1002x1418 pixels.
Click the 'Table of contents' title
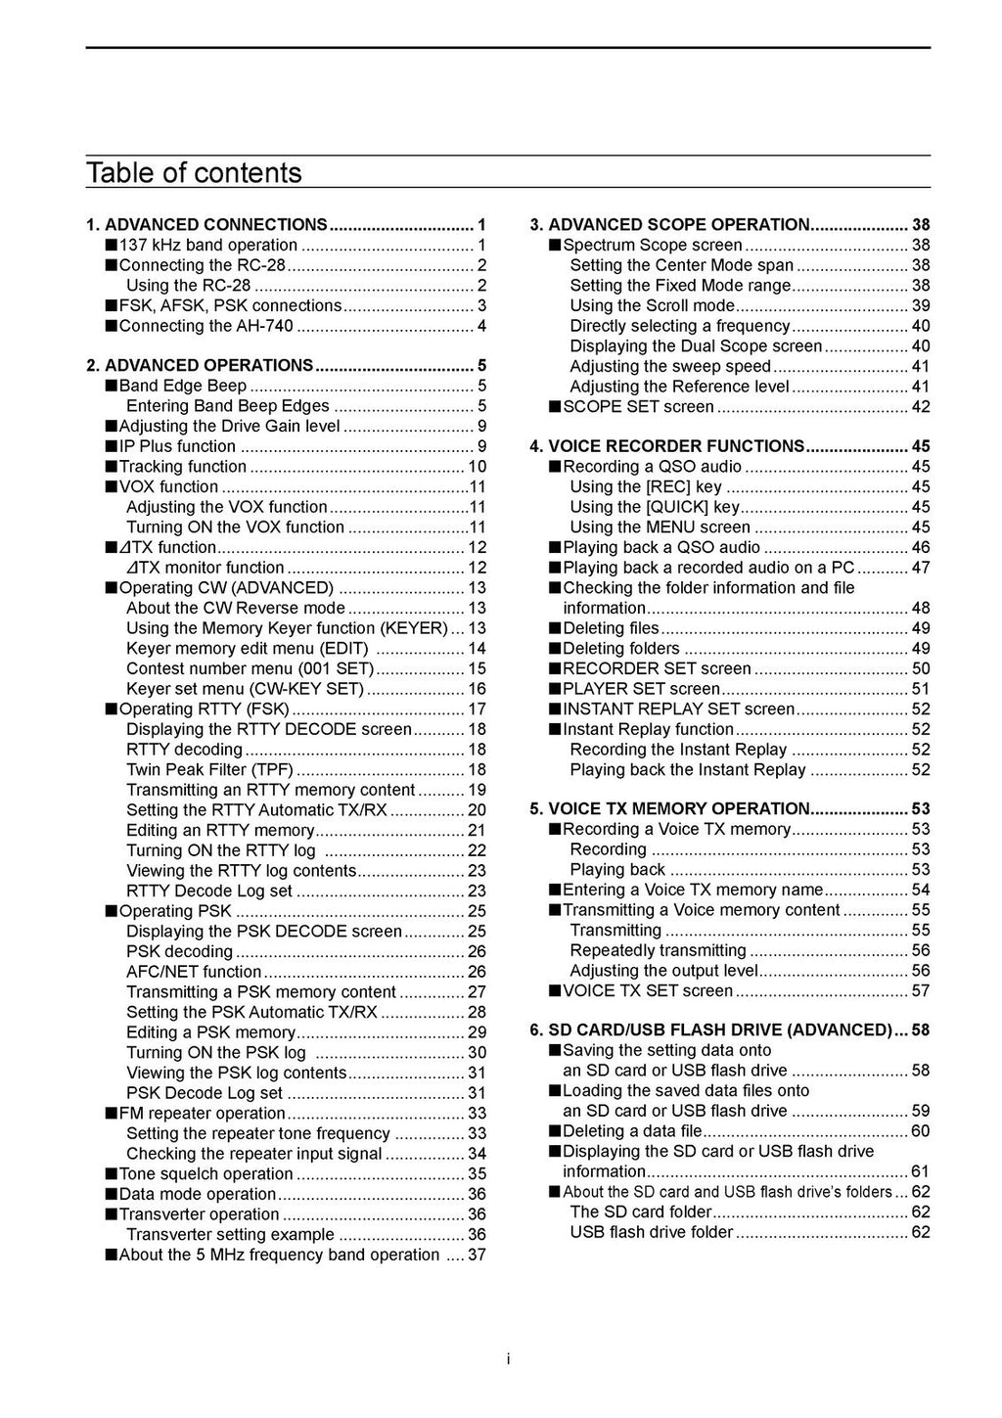194,173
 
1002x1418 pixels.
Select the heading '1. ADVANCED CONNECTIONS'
215,225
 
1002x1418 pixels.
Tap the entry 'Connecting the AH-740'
205,326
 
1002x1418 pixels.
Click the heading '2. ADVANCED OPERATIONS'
208,366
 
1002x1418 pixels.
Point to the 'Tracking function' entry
182,467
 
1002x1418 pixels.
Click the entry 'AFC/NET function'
194,972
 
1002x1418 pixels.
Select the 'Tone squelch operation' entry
205,1174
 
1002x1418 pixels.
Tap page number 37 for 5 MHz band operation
477,1256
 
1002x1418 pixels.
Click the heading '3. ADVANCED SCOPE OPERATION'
678,225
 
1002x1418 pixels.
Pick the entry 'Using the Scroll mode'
652,305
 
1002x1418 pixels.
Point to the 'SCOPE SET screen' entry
638,407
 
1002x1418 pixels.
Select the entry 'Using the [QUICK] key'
655,507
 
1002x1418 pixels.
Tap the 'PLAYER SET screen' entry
641,689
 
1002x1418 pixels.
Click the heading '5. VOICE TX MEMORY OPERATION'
678,809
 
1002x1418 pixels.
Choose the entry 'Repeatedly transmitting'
658,950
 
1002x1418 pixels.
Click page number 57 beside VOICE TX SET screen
920,991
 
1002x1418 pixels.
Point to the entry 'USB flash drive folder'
652,1232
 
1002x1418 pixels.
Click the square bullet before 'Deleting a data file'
555,1131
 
